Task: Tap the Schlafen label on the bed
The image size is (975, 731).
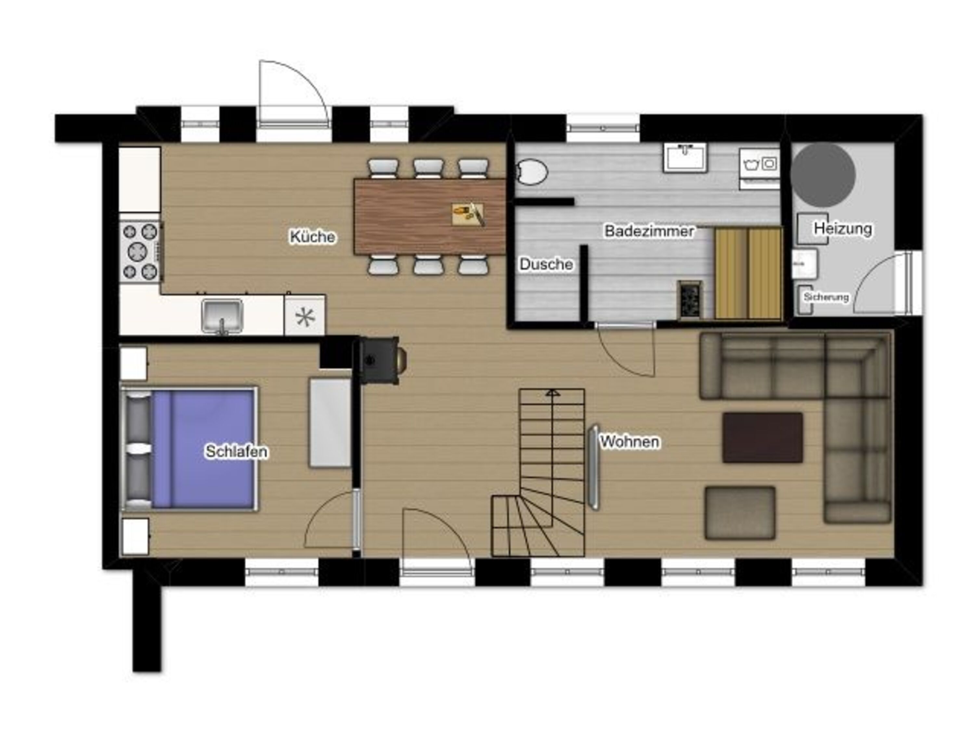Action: [x=236, y=451]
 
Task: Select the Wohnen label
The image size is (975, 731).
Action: [x=630, y=442]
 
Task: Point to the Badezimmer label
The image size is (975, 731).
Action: [x=649, y=231]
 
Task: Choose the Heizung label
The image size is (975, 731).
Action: [x=843, y=228]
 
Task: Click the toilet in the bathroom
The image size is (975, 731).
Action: [x=532, y=172]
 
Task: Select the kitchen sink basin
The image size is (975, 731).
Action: [x=222, y=315]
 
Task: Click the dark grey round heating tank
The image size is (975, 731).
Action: [x=823, y=175]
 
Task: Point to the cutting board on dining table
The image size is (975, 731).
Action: [x=468, y=214]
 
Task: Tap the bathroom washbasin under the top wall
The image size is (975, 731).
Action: [x=685, y=157]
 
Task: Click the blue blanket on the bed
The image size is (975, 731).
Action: [x=203, y=449]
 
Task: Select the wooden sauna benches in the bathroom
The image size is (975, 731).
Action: [x=748, y=273]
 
